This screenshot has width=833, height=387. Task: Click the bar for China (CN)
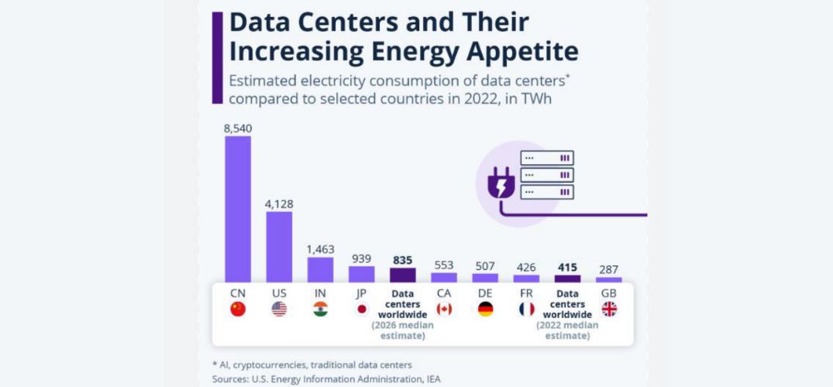[238, 209]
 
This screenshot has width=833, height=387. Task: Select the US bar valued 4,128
[279, 246]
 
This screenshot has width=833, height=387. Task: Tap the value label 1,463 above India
[320, 249]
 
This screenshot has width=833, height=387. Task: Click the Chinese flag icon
[238, 309]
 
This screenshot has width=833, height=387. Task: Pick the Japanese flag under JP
[361, 309]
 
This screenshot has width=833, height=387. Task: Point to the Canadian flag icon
[444, 309]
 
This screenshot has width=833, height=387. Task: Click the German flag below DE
[485, 309]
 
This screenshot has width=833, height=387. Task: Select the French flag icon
[527, 309]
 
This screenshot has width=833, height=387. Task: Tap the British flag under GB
[609, 309]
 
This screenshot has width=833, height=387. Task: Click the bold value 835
[403, 260]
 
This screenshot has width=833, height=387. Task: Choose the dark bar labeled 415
[568, 279]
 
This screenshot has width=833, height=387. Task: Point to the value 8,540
[238, 128]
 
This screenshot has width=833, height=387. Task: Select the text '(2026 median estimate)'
[403, 330]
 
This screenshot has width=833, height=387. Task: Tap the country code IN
[320, 293]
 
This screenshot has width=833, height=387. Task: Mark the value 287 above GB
[609, 269]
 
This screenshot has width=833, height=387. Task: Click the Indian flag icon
[320, 309]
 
